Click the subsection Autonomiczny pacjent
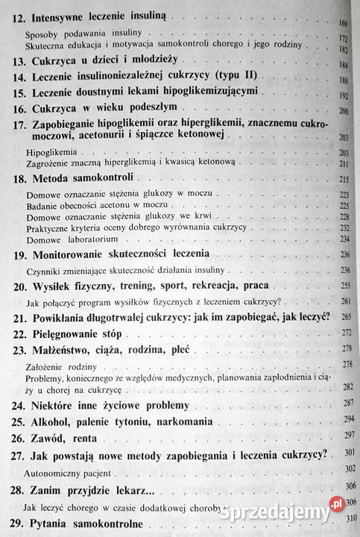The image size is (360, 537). pyautogui.click(x=67, y=472)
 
